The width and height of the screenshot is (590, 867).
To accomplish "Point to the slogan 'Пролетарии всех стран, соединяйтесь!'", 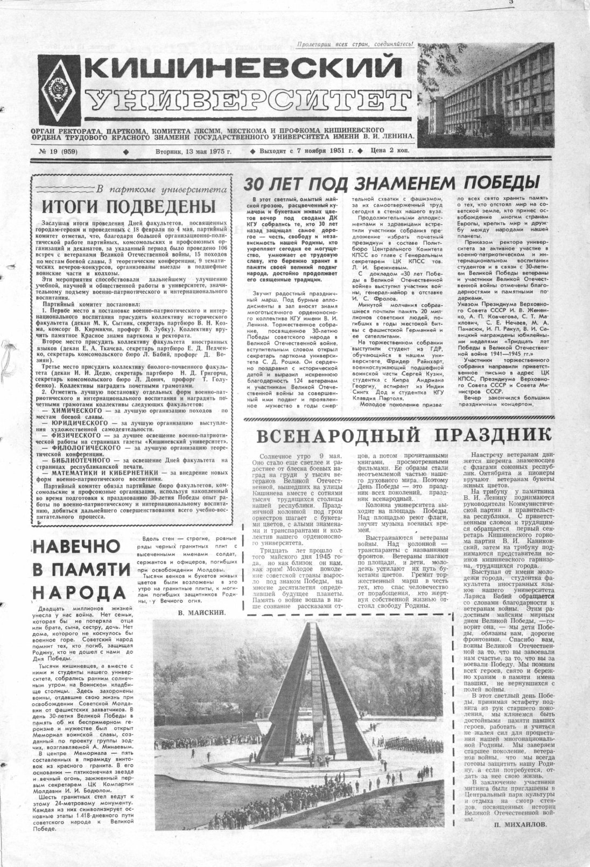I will [x=356, y=45].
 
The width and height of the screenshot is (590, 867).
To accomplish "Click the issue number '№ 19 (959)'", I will [x=59, y=151].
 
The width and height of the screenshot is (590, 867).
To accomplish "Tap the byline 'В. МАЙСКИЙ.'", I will [x=201, y=613].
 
